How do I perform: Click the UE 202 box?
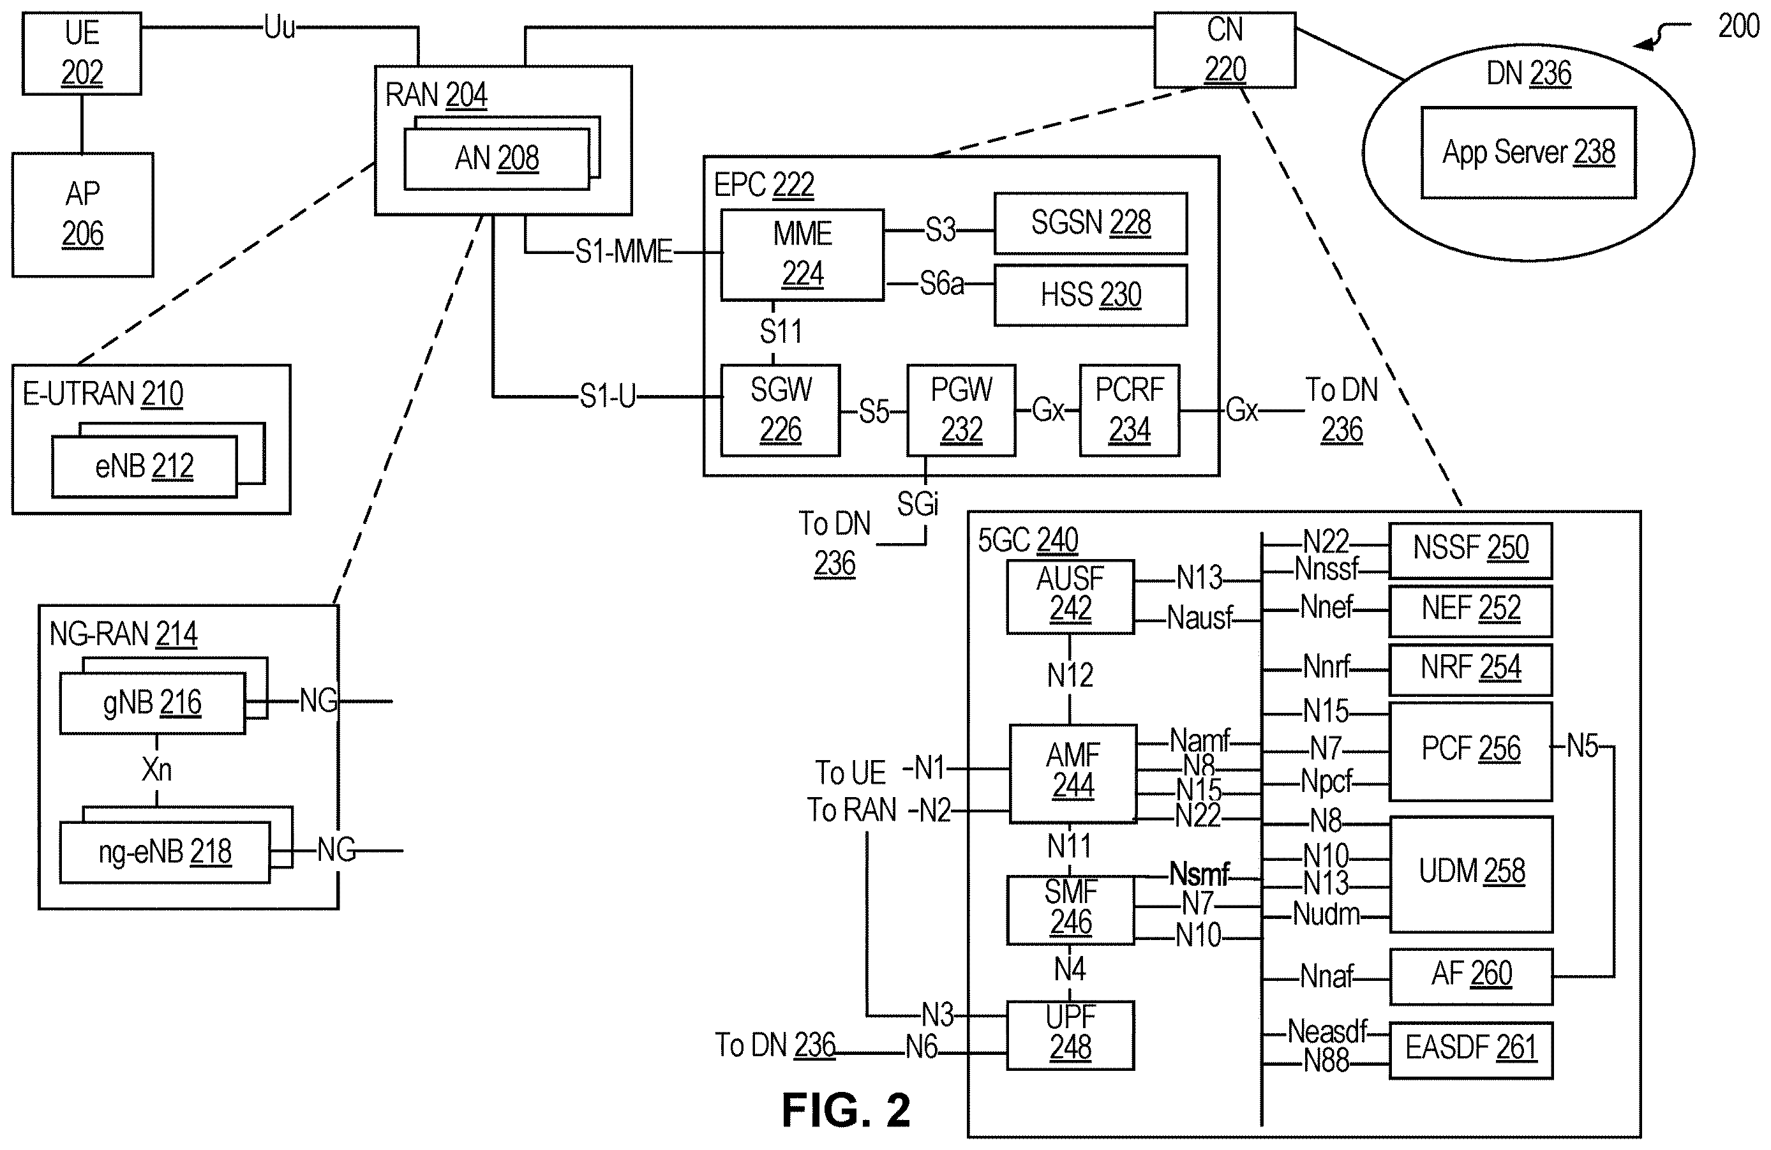pos(82,54)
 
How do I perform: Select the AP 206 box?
pos(82,214)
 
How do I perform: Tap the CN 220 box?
pos(1225,50)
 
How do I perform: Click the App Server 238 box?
pos(1528,153)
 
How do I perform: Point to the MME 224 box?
pos(802,255)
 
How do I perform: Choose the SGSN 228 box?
pos(1091,223)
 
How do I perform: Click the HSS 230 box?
pos(1091,295)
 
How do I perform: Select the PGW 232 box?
pos(961,410)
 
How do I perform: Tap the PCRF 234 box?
pos(1130,410)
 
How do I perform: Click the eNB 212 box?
pos(144,467)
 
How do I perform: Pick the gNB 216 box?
pos(153,703)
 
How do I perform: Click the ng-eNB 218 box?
pos(165,852)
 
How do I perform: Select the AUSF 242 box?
pos(1070,596)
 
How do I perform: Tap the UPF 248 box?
pos(1070,1035)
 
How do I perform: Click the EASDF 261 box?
pos(1470,1050)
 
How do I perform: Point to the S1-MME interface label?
pos(624,252)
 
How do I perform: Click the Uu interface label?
pos(280,28)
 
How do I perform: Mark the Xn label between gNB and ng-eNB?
pos(156,770)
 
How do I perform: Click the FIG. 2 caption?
pos(846,1110)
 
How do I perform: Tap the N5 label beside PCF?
pos(1582,746)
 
